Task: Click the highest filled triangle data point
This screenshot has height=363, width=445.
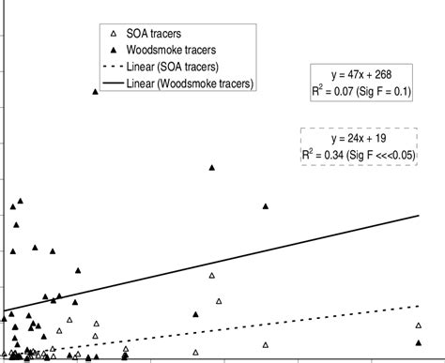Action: click(95, 91)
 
